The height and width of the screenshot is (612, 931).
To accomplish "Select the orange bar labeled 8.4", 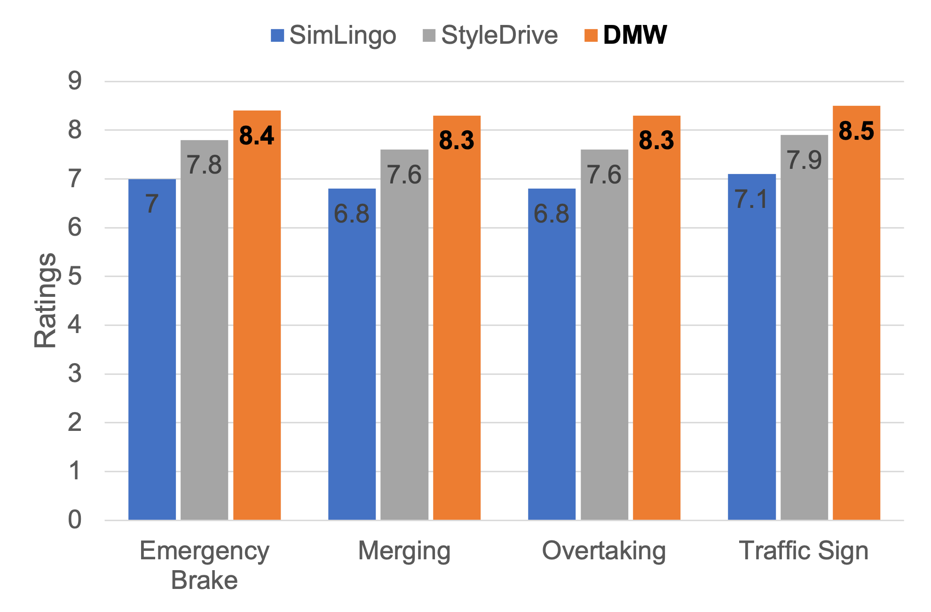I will [257, 315].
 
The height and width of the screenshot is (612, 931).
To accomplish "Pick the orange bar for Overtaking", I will [656, 318].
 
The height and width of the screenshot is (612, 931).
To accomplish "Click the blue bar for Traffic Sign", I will [751, 347].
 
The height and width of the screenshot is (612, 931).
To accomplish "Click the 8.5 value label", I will [856, 131].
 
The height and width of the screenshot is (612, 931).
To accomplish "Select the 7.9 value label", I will [804, 160].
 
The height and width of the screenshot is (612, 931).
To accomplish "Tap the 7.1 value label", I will [751, 199].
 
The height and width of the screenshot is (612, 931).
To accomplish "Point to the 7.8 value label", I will [204, 165].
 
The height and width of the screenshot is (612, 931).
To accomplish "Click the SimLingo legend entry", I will [334, 35].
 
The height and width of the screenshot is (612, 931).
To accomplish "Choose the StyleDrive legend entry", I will [490, 35].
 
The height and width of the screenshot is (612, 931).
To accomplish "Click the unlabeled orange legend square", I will [591, 36].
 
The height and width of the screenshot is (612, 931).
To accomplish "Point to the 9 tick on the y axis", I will [75, 81].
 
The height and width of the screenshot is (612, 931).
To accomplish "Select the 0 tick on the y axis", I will [75, 520].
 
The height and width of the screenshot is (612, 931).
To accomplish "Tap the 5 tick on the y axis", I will [75, 276].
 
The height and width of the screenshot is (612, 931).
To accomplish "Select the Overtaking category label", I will [604, 550].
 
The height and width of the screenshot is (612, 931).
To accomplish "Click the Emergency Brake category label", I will [205, 564].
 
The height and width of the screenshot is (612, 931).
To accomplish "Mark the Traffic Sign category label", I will [804, 550].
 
